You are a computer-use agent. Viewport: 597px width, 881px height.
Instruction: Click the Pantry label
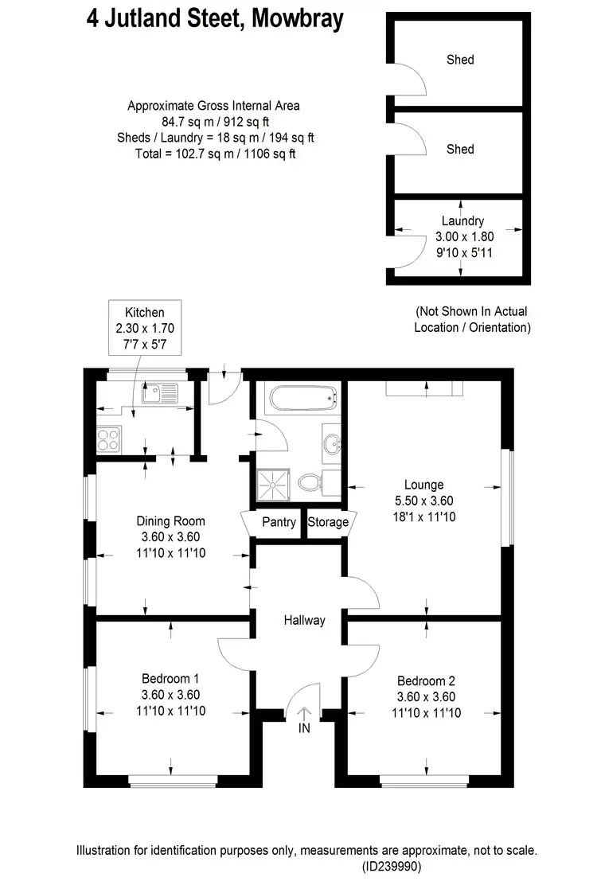pos(278,522)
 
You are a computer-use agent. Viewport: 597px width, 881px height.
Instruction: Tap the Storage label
pos(328,522)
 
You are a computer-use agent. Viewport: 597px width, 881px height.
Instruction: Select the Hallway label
pos(304,620)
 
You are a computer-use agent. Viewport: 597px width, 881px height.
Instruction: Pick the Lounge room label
pos(423,485)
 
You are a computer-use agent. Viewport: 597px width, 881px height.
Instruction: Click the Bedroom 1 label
pos(170,679)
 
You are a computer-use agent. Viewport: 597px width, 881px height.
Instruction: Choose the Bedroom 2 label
pos(426,681)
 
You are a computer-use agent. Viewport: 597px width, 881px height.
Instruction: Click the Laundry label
pos(462,221)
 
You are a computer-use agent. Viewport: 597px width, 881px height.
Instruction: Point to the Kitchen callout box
pos(144,326)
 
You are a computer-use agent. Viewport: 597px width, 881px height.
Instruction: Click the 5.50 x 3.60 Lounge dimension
pos(423,501)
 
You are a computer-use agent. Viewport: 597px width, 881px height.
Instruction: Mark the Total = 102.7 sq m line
pos(215,154)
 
